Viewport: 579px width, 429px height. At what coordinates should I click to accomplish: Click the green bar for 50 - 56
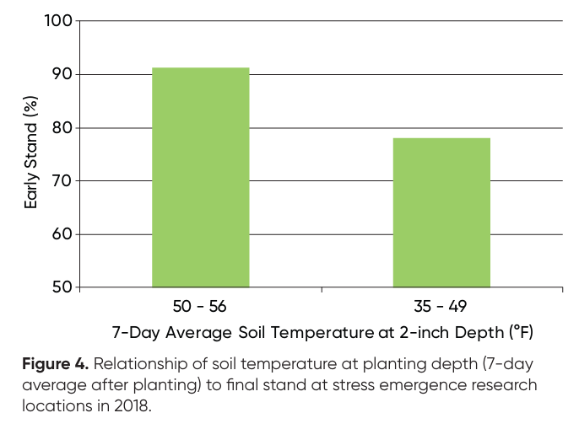coord(200,178)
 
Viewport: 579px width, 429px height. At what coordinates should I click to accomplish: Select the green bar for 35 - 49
coord(441,212)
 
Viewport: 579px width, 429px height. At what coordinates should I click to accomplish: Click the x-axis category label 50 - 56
coord(200,306)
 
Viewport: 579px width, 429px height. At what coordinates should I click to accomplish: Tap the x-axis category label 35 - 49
coord(441,306)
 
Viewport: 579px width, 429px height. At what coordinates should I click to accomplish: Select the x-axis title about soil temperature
coord(322,332)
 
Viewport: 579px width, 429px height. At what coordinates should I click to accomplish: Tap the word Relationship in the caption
coord(134,365)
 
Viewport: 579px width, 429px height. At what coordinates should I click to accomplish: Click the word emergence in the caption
coord(420,384)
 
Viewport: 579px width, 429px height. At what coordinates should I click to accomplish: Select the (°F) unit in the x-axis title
coord(519,332)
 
